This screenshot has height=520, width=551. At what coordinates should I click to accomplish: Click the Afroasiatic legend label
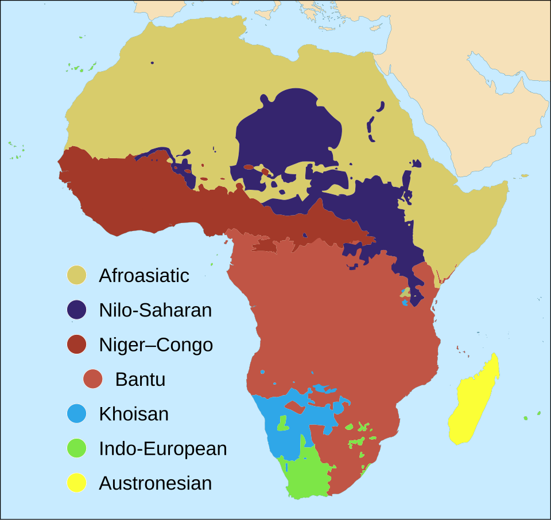(143, 275)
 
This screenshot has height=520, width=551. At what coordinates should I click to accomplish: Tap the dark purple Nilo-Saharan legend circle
(76, 310)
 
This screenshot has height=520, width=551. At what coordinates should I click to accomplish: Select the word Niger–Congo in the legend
(156, 345)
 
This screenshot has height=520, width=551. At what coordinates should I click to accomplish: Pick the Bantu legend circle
(93, 380)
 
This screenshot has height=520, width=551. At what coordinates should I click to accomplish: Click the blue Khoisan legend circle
(76, 414)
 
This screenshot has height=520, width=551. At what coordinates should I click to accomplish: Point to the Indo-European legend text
(162, 448)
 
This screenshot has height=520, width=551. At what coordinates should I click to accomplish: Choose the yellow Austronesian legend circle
(76, 483)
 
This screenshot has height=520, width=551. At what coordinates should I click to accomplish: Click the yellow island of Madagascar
(474, 401)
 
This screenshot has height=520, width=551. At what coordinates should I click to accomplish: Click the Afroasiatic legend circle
(76, 275)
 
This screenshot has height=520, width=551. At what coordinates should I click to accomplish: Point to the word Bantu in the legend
(140, 380)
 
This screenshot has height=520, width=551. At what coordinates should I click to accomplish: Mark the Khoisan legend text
(134, 414)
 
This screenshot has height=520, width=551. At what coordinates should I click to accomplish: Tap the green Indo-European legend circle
(76, 448)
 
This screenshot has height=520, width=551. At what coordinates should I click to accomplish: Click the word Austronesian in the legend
(155, 483)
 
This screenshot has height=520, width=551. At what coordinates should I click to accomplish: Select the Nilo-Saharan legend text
(155, 310)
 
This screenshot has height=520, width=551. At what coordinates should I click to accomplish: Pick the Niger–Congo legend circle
(76, 345)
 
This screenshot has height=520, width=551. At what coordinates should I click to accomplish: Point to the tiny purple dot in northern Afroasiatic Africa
(152, 62)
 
